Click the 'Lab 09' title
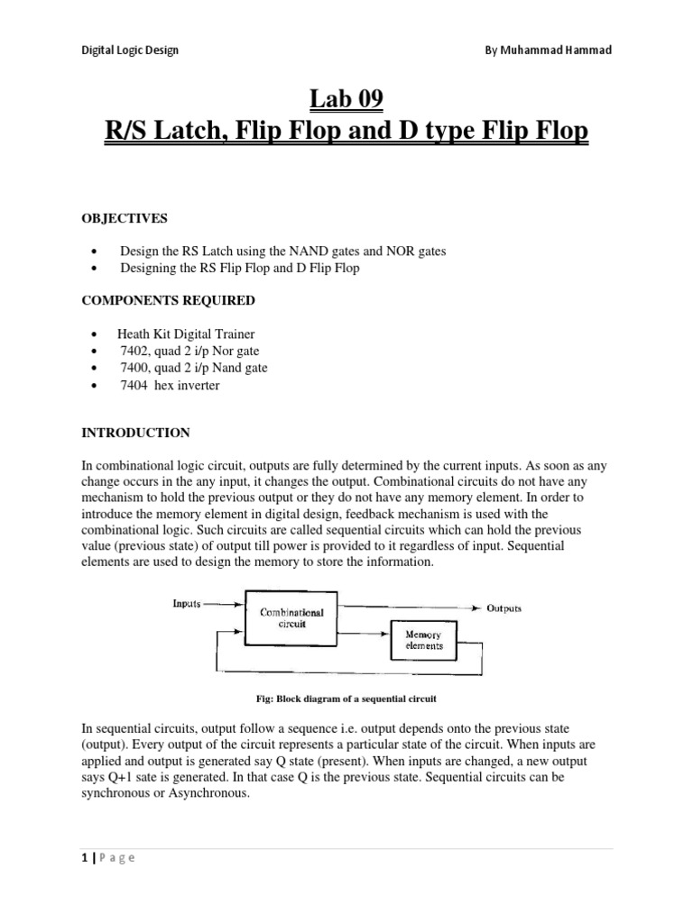coord(346,96)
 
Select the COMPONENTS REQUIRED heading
coord(168,300)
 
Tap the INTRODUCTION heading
coord(135,433)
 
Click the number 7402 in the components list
coord(134,351)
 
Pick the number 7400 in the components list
coord(134,368)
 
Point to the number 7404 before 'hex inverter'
coord(134,386)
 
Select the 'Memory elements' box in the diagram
coord(421,640)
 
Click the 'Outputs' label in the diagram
coord(504,608)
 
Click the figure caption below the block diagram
coord(346,699)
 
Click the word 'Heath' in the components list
coord(134,333)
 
